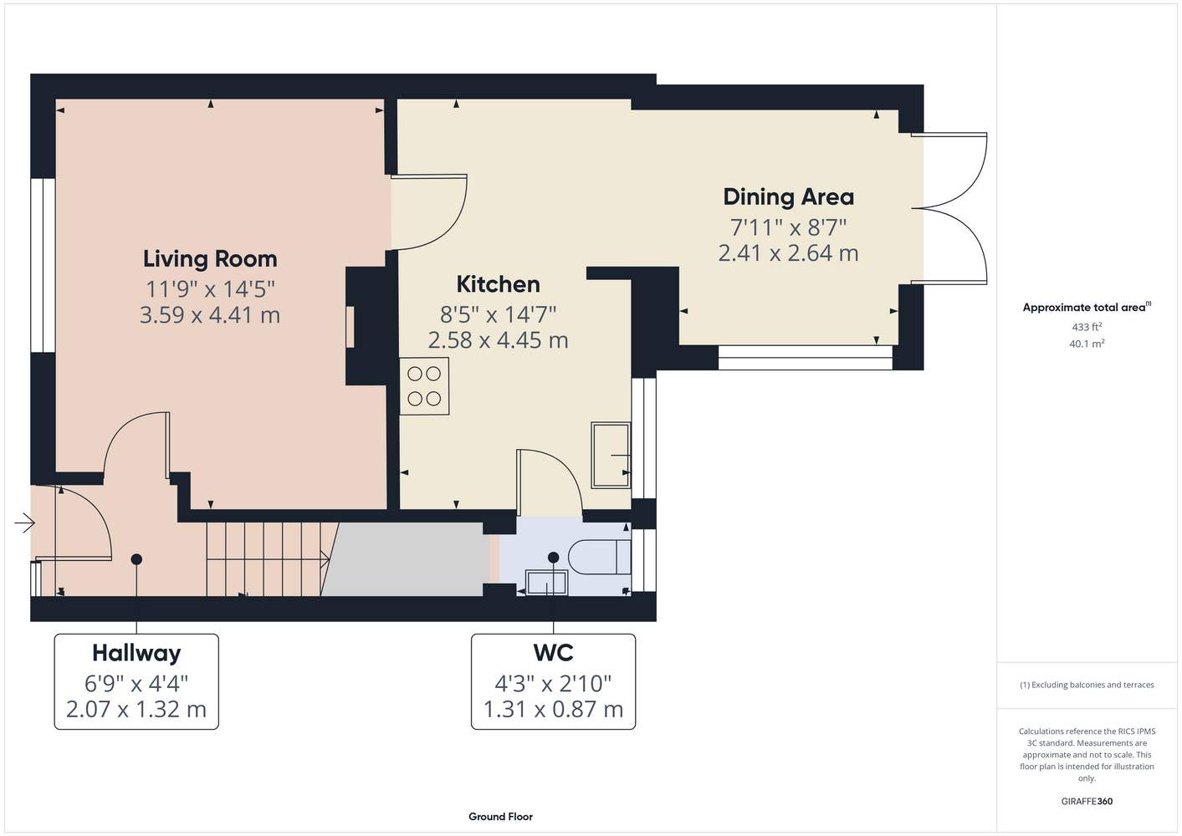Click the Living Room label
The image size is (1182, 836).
pos(210,259)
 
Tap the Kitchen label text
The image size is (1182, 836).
pos(498,284)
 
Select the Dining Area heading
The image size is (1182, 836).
pos(788,196)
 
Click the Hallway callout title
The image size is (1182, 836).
pos(136,653)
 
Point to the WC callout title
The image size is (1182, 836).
pos(553,653)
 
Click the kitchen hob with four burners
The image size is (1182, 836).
pos(424,386)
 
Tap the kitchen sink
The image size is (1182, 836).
pos(611,455)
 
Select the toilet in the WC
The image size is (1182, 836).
pos(600,557)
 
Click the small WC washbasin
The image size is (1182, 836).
pos(546,583)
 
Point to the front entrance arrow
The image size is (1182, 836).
pos(24,523)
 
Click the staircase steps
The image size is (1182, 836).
pos(268,559)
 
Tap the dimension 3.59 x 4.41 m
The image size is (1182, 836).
pos(210,315)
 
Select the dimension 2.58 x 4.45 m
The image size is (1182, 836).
pos(498,340)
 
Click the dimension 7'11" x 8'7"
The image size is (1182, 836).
pos(788,228)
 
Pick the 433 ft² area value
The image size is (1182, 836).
pos(1087,327)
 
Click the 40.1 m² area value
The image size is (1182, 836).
pos(1087,344)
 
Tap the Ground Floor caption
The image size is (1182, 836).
pos(500,817)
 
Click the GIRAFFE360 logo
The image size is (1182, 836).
pos(1087,801)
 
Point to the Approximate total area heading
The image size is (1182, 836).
pos(1087,307)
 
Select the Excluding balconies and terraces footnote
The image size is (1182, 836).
pos(1087,685)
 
